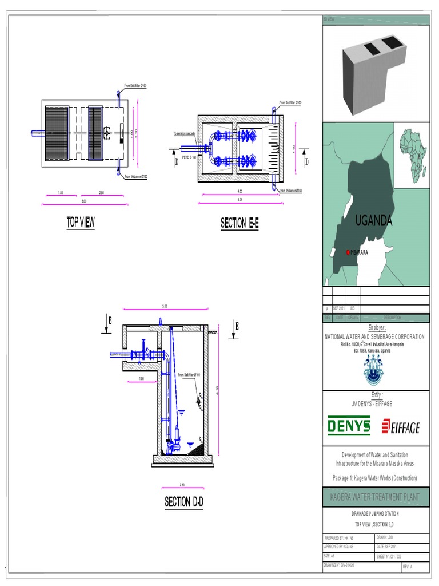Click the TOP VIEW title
pos(81,223)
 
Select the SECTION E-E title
pos(240,224)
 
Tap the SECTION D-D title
pos(184,502)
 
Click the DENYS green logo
pos(349,426)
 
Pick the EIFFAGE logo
pos(401,427)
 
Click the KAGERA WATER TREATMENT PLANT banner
pos(375,497)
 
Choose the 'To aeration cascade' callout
pos(184,133)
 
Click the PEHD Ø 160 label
pos(189,156)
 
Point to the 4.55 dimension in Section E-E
pos(239,193)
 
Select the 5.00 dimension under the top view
pos(83,201)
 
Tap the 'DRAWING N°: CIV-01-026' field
pos(343,565)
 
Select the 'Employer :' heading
pos(377,328)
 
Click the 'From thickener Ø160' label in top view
pos(137,176)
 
